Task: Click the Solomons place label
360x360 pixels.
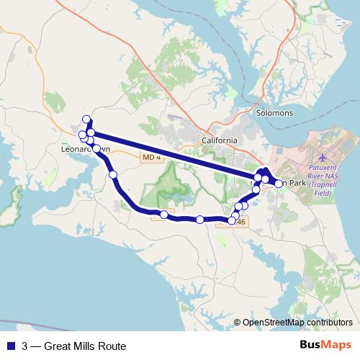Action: click(x=274, y=113)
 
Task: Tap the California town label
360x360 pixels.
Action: click(x=219, y=140)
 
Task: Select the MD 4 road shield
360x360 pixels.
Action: click(x=150, y=158)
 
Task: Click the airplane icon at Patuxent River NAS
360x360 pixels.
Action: click(x=322, y=156)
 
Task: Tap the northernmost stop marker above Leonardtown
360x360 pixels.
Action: click(x=86, y=120)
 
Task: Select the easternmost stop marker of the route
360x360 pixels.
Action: click(x=279, y=184)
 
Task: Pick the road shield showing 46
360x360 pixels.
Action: click(x=240, y=222)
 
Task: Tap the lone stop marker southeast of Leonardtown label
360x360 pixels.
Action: click(x=112, y=174)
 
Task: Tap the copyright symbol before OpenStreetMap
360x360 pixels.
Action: click(x=237, y=323)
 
